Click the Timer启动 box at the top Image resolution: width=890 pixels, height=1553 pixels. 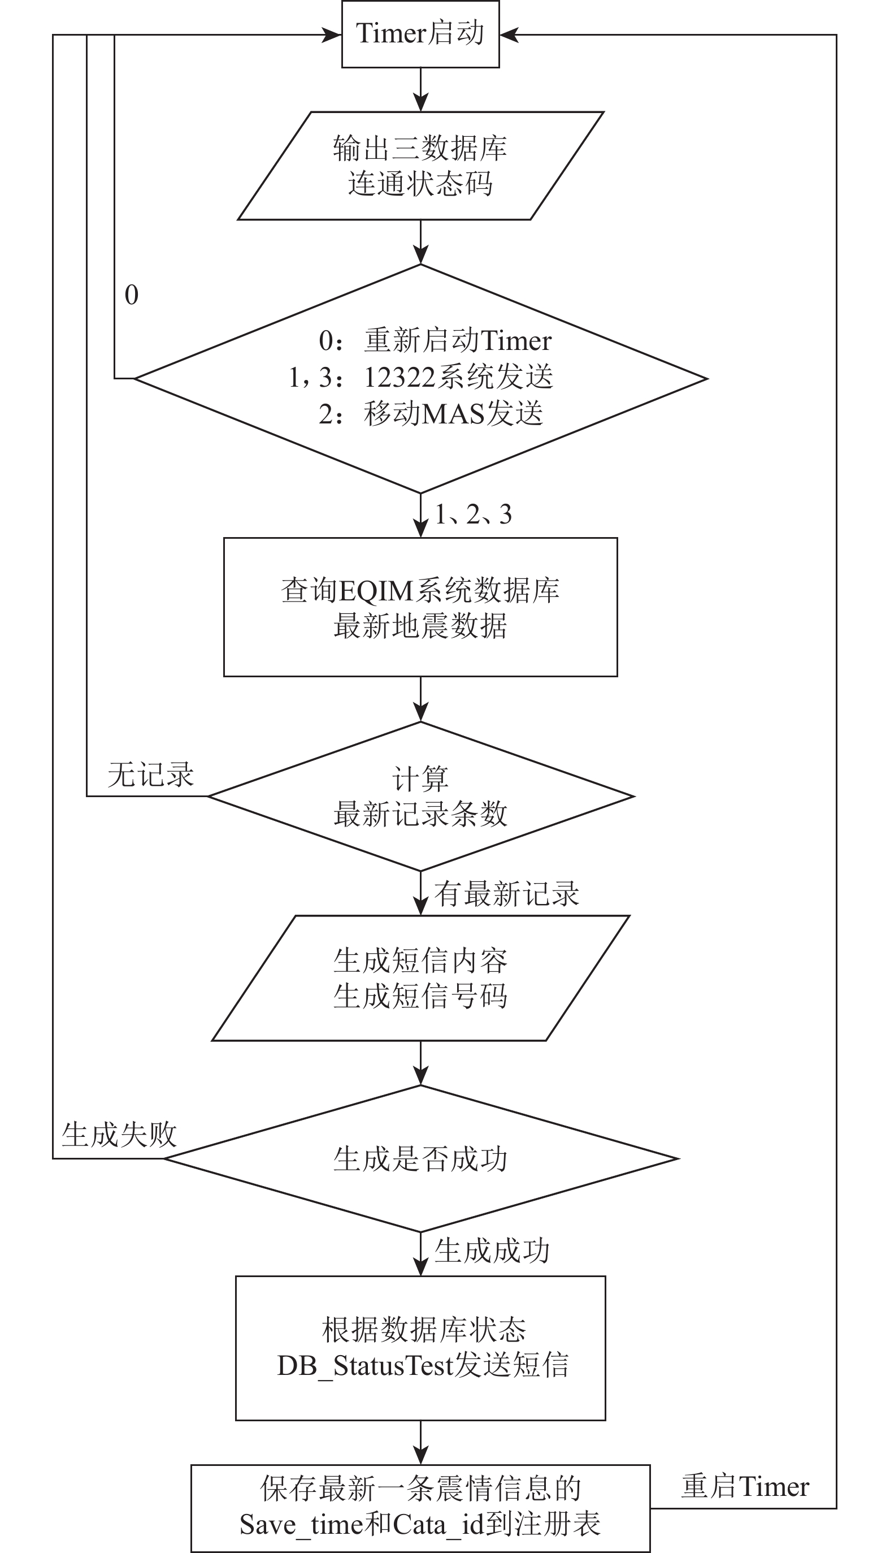[x=420, y=34]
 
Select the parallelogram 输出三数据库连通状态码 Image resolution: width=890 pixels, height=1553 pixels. [x=420, y=166]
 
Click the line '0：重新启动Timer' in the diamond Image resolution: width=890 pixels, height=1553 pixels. [x=435, y=340]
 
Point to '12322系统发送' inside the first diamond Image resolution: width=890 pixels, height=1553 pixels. [x=458, y=377]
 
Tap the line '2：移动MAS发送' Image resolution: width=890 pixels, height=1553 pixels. [x=431, y=414]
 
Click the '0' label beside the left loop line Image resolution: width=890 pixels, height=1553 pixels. [x=132, y=295]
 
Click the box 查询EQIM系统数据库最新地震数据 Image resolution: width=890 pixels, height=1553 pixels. [x=420, y=607]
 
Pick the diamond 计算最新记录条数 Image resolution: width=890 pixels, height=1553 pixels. [x=421, y=797]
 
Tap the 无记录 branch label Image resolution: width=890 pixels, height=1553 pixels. [x=151, y=775]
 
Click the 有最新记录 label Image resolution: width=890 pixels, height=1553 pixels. [x=507, y=894]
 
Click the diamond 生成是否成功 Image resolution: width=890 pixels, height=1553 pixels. [x=421, y=1158]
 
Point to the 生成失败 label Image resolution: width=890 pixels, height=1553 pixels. [x=119, y=1135]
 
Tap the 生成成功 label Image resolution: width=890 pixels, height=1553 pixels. [x=492, y=1251]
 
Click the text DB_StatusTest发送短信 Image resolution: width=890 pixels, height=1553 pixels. [x=423, y=1366]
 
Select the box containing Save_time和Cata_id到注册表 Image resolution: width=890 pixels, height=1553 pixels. [x=420, y=1508]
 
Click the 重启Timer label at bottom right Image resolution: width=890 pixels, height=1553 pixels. [x=745, y=1486]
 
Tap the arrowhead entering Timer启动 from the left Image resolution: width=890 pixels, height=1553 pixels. [x=332, y=35]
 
